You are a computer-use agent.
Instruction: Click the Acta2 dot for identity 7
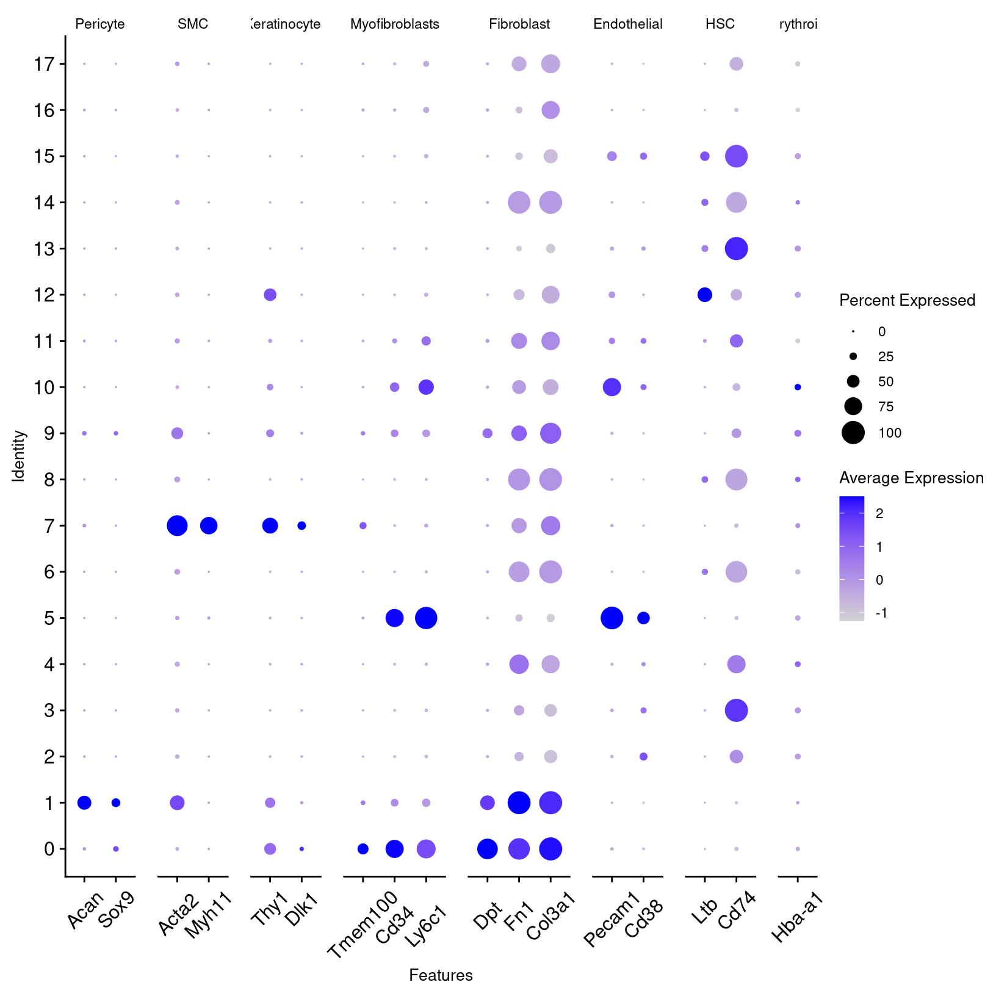177,525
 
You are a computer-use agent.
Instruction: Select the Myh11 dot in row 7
209,525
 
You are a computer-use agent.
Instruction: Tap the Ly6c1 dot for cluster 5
426,618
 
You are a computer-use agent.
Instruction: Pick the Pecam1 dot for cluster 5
612,618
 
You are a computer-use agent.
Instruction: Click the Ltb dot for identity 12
704,295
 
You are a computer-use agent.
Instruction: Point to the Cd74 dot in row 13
736,248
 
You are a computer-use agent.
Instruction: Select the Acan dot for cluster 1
84,803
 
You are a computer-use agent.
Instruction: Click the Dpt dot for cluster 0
487,849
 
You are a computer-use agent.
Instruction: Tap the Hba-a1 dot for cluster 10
797,387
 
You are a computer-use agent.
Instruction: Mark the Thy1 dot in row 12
270,295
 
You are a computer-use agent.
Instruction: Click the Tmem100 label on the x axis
363,924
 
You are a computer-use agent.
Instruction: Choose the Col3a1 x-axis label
550,915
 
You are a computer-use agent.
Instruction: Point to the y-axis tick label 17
45,64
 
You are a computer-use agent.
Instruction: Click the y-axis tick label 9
49,433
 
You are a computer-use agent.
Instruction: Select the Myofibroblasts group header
394,24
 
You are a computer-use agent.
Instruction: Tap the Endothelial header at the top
627,24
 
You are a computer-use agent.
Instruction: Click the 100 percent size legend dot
853,433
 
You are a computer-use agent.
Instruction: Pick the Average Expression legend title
911,478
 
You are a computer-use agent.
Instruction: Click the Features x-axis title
441,975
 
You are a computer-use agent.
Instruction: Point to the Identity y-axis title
19,456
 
